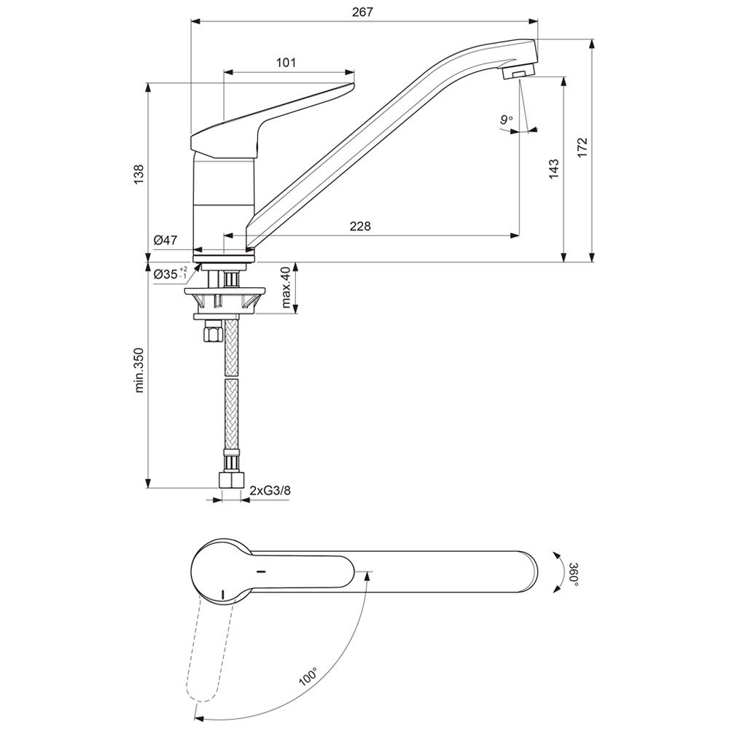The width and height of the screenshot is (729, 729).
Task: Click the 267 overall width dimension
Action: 362,12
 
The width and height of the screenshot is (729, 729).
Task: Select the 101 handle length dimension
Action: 286,62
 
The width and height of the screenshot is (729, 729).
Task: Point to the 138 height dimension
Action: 139,175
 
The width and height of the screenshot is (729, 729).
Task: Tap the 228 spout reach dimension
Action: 360,226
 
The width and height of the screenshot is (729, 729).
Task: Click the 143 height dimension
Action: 553,169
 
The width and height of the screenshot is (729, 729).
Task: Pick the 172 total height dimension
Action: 582,148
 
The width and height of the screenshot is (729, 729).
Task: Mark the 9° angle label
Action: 507,120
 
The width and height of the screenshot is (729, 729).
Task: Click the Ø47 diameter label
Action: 165,241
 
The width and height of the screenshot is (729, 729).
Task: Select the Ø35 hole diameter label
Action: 171,273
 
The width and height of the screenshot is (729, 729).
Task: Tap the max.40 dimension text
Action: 286,286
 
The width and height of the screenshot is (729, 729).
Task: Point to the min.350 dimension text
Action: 139,370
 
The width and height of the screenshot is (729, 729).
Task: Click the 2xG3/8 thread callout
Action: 270,490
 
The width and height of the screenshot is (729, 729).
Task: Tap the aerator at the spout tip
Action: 518,72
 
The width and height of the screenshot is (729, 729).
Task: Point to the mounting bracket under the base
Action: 225,300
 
